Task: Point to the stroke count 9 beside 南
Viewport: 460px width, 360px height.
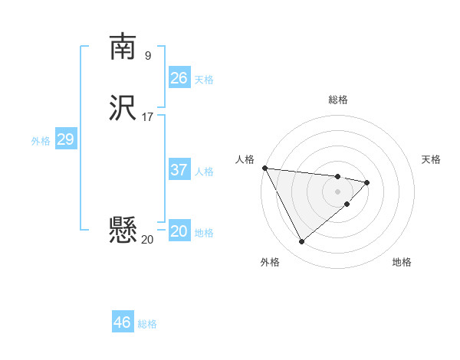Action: (148, 55)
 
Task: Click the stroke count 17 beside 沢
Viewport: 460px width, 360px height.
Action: (148, 117)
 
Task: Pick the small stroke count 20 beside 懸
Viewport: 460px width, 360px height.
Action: (148, 240)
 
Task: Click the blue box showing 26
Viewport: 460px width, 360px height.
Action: (179, 78)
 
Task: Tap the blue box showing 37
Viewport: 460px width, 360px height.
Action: (179, 170)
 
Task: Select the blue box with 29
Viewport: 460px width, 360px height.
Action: (65, 139)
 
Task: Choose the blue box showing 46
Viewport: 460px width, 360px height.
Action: (123, 322)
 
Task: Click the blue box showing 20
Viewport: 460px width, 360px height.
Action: (179, 231)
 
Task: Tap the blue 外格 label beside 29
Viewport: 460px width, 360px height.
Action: (41, 141)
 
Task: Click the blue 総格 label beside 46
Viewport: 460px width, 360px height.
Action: (147, 324)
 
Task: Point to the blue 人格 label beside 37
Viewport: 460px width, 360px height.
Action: (205, 172)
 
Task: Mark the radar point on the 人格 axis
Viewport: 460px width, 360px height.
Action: (264, 168)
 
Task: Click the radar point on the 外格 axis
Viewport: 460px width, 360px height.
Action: (301, 242)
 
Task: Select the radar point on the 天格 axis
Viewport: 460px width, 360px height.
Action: (367, 182)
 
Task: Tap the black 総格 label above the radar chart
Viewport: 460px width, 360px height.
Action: (338, 100)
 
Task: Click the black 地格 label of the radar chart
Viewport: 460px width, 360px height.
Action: (402, 262)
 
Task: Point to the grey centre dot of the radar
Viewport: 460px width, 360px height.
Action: (338, 191)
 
